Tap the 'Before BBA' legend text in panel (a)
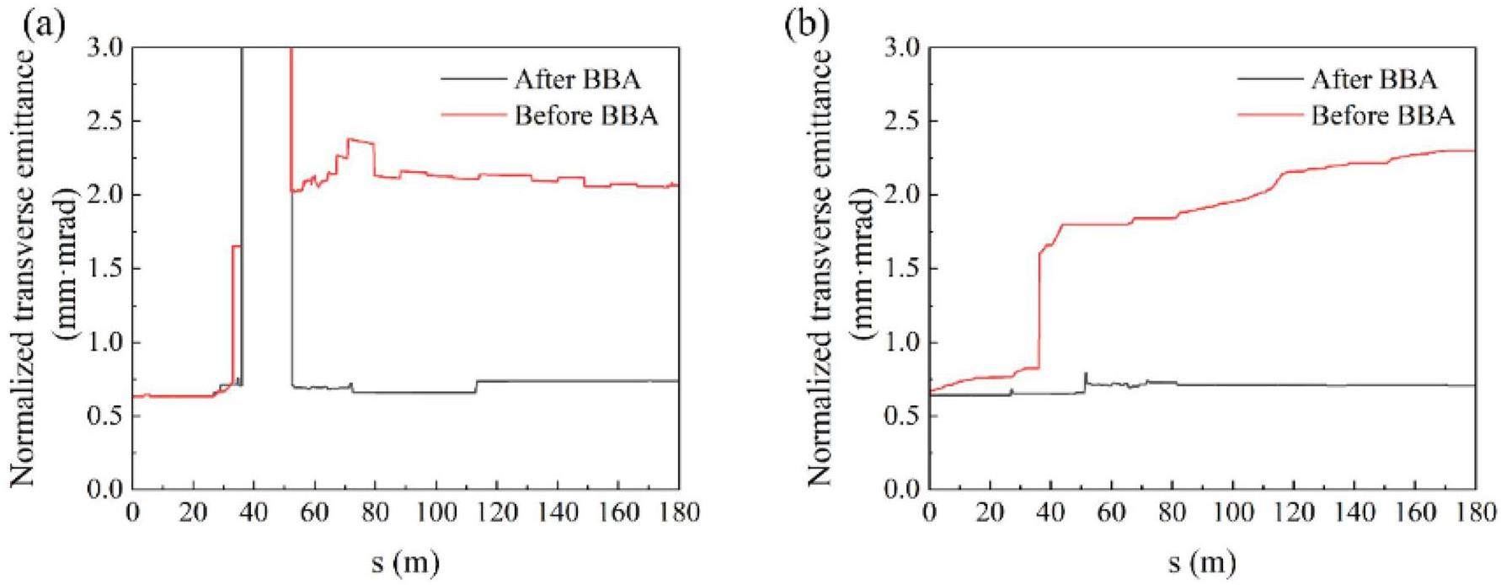pyautogui.click(x=586, y=115)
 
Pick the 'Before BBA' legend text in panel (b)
pyautogui.click(x=1383, y=115)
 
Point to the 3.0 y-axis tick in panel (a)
pyautogui.click(x=105, y=49)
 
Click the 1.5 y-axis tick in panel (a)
pyautogui.click(x=105, y=269)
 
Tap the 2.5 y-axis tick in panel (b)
pyautogui.click(x=902, y=122)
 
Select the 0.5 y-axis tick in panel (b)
pyautogui.click(x=902, y=416)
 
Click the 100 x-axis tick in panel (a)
pyautogui.click(x=435, y=512)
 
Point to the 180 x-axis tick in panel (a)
pyautogui.click(x=678, y=512)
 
